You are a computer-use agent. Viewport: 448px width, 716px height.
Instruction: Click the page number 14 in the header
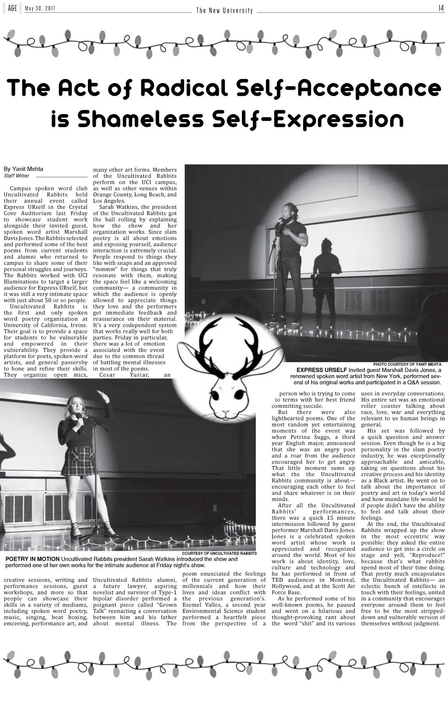point(441,8)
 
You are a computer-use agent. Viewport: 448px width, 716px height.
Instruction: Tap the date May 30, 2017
point(40,9)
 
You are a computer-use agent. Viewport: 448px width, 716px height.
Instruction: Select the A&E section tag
point(13,9)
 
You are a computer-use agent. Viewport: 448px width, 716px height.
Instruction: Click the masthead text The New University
point(224,10)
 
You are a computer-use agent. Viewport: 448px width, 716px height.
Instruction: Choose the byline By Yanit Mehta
point(24,169)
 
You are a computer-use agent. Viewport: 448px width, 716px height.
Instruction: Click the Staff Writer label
point(17,176)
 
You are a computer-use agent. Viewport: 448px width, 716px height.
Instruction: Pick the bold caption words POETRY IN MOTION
point(32,559)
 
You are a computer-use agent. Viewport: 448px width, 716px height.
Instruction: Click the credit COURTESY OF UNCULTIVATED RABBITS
point(219,554)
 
